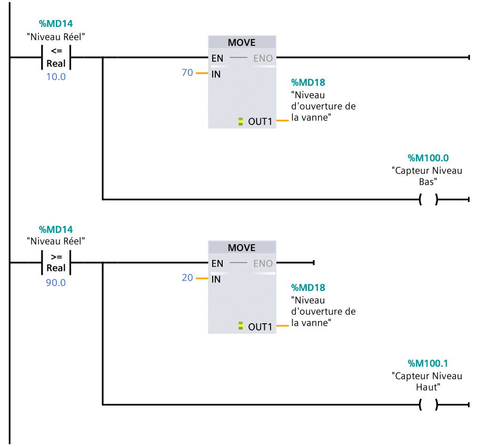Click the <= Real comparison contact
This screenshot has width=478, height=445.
point(56,57)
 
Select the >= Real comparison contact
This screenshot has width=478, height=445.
point(56,263)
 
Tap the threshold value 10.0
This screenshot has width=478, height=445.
point(56,76)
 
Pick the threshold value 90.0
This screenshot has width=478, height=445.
point(56,282)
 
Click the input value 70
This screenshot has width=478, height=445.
point(187,73)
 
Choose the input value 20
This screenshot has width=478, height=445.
point(187,278)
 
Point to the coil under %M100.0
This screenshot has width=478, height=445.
point(429,200)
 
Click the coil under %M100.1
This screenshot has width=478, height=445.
point(429,405)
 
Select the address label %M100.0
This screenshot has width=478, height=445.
point(428,158)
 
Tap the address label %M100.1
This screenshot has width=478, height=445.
point(428,363)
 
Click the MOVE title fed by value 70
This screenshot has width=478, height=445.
point(242,42)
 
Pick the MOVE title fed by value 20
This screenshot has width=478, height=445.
point(242,247)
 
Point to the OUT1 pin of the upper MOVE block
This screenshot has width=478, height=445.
point(260,122)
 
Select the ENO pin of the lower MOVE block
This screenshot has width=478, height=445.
point(263,264)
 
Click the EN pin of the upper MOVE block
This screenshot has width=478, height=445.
point(217,59)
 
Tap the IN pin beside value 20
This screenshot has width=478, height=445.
point(216,279)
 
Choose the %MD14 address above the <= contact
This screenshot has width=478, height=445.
point(56,24)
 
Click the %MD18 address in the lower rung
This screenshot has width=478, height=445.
point(308,288)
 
